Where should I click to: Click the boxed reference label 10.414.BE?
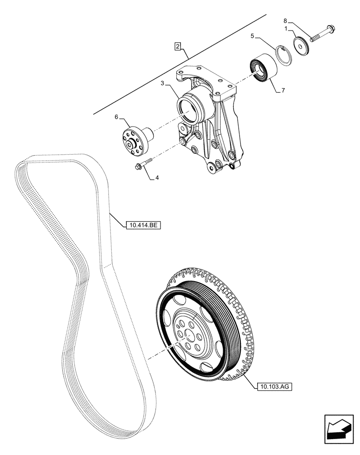coord(141,225)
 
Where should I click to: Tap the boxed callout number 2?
coord(178,46)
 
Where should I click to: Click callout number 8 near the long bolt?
coord(285,20)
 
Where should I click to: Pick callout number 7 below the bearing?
coord(283,91)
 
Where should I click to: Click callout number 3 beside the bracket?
coord(163,84)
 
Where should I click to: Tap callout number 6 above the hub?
coord(116,117)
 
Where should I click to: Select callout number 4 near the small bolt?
coord(157,178)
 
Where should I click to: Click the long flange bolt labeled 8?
coord(322,34)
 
